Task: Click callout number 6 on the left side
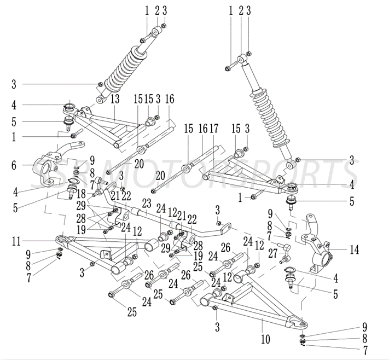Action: pos(13,164)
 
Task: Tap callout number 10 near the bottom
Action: pos(265,339)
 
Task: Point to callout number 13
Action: pos(115,99)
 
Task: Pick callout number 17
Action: pos(213,129)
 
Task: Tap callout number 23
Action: pos(146,202)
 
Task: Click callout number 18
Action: pos(80,194)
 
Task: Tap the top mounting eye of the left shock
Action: pos(155,32)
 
